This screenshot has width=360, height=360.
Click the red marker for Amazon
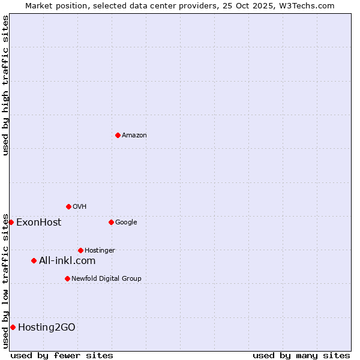coord(118,135)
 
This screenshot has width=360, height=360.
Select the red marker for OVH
coord(68,206)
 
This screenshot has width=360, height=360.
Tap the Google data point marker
coord(111,222)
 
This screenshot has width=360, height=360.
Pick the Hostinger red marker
coord(80,250)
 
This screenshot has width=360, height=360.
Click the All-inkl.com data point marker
coord(34,260)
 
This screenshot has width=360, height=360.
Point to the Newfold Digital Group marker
coord(67,278)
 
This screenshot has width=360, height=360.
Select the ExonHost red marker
coord(11,222)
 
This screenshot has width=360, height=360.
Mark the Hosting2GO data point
coord(13,327)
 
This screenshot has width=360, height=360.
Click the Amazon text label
coord(134,136)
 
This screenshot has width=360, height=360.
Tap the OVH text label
coord(80,207)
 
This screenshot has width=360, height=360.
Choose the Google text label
coord(126,223)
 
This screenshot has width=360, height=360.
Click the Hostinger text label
coord(100,251)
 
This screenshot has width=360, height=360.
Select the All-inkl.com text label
coord(67,260)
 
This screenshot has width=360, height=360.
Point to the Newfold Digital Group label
coord(106,279)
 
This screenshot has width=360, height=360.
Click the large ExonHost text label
coord(38,223)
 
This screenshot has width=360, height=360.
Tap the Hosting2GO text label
coord(47,327)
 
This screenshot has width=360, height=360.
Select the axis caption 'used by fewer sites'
coord(62,355)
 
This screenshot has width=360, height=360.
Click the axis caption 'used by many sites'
coord(301,355)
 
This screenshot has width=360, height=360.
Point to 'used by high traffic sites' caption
coord(5,85)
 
